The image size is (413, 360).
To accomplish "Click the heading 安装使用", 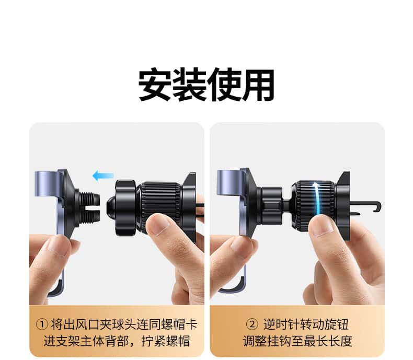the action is pyautogui.click(x=206, y=85).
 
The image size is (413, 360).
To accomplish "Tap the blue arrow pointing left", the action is pyautogui.click(x=103, y=176).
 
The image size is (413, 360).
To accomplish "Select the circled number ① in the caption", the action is pyautogui.click(x=42, y=324).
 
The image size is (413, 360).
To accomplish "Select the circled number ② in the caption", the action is pyautogui.click(x=252, y=324).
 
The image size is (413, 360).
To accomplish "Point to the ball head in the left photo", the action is pyautogui.click(x=111, y=206).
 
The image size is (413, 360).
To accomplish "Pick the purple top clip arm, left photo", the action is pyautogui.click(x=48, y=184).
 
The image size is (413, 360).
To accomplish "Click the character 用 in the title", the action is pyautogui.click(x=258, y=85).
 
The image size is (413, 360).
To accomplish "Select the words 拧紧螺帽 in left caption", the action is pyautogui.click(x=166, y=341).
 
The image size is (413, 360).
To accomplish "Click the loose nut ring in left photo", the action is pyautogui.click(x=125, y=207).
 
